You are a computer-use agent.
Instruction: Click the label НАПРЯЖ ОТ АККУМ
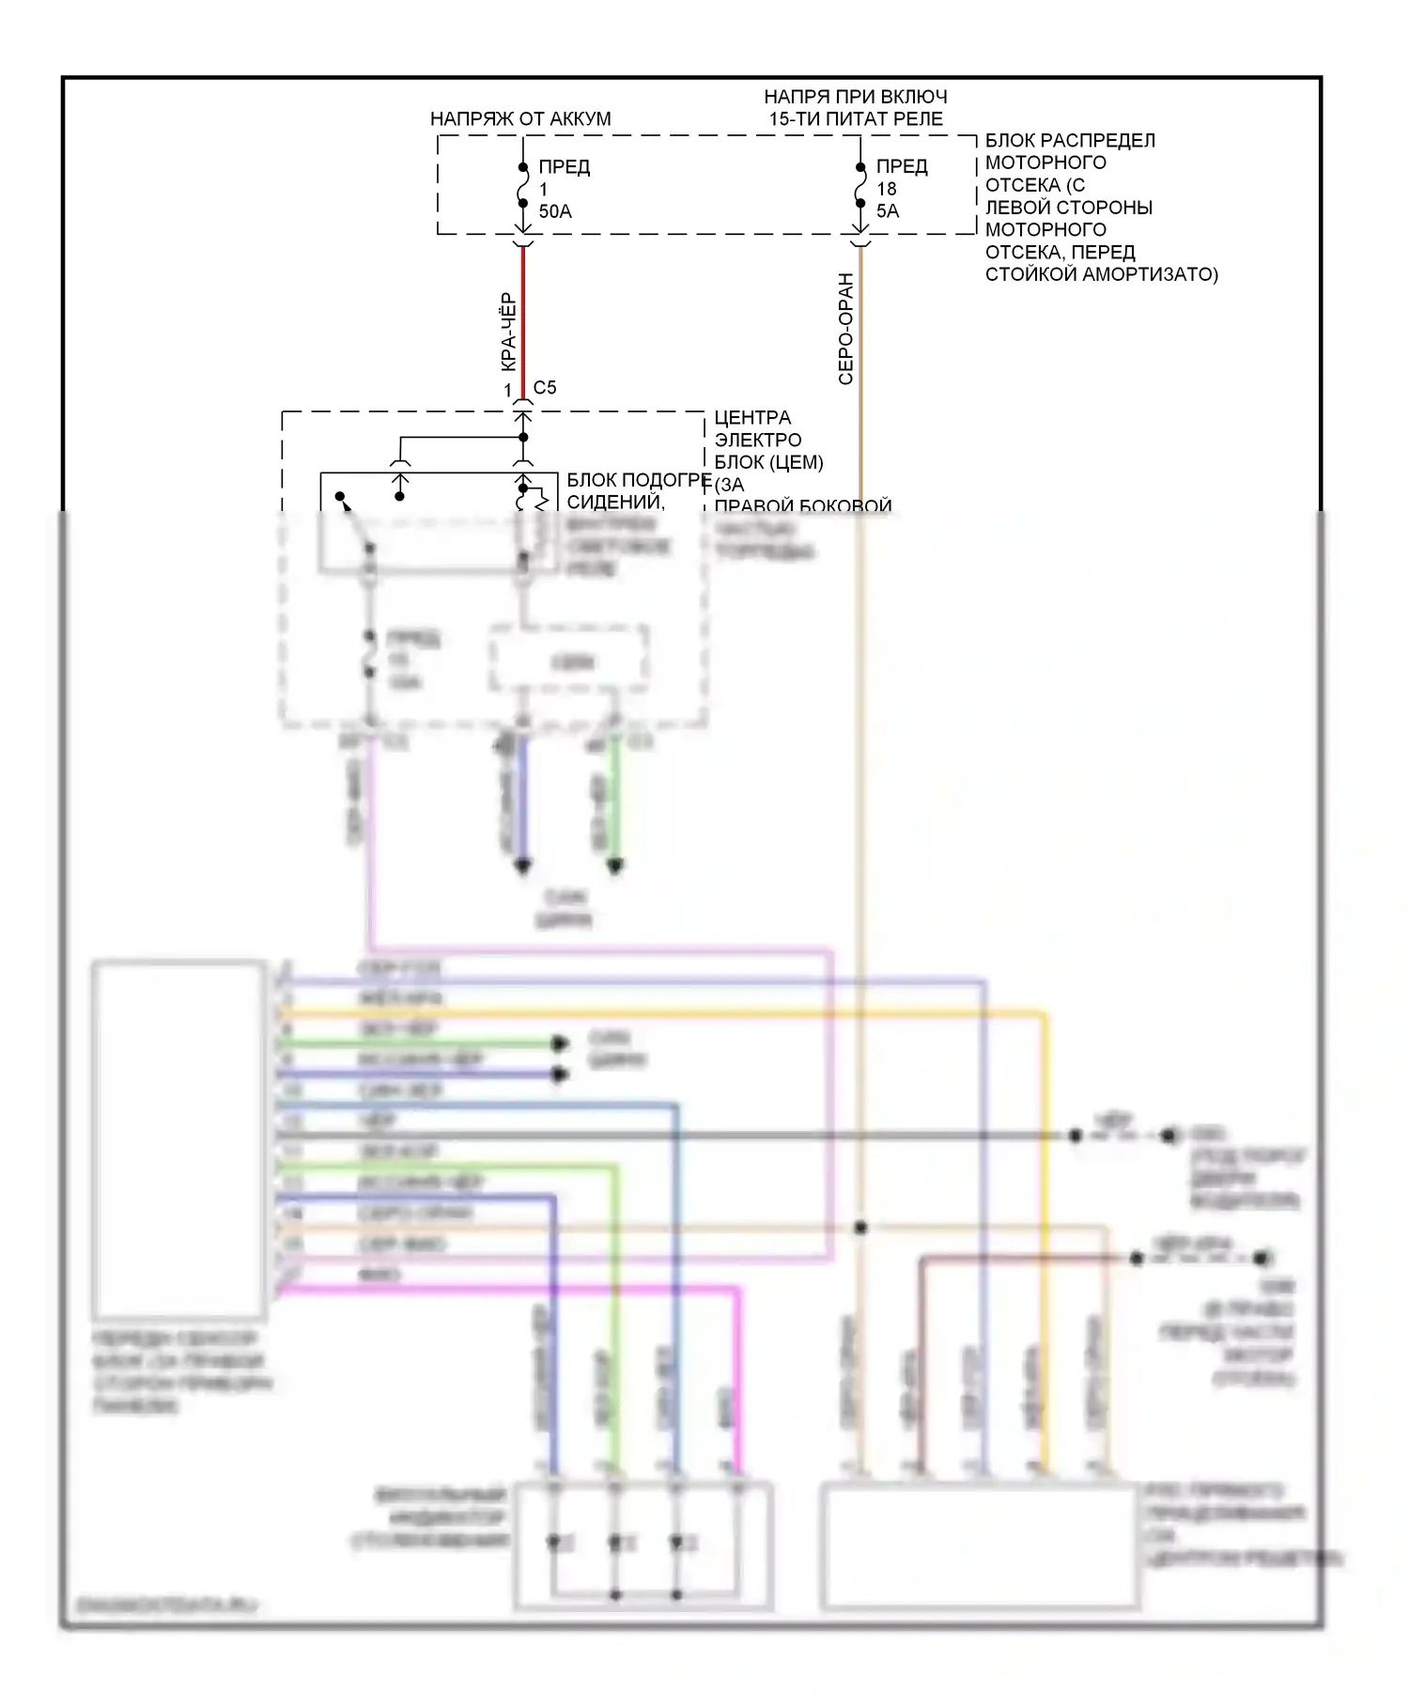[x=519, y=119]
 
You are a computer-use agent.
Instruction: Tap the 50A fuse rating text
[x=555, y=211]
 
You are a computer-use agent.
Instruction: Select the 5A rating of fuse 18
[x=888, y=211]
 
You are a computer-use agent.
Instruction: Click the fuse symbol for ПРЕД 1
[x=523, y=186]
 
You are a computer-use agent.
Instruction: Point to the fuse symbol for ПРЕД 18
[x=860, y=186]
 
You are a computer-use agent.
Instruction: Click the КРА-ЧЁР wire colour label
[x=506, y=332]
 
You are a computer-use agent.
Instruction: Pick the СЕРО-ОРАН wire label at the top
[x=845, y=329]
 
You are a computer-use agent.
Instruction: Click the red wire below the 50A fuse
[x=523, y=319]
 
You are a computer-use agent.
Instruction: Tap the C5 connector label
[x=545, y=388]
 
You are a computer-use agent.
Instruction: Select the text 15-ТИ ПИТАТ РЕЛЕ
[x=856, y=119]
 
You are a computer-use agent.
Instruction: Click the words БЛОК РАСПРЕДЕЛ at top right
[x=1070, y=141]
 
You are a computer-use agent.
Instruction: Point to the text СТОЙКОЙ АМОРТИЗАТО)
[x=1101, y=274]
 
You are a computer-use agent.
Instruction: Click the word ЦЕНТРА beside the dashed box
[x=752, y=418]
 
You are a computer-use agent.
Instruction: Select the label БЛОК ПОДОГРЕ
[x=639, y=480]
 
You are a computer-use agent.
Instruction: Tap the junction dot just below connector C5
[x=523, y=437]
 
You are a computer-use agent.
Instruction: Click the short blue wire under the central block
[x=523, y=798]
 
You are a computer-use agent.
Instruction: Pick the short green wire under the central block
[x=615, y=798]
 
